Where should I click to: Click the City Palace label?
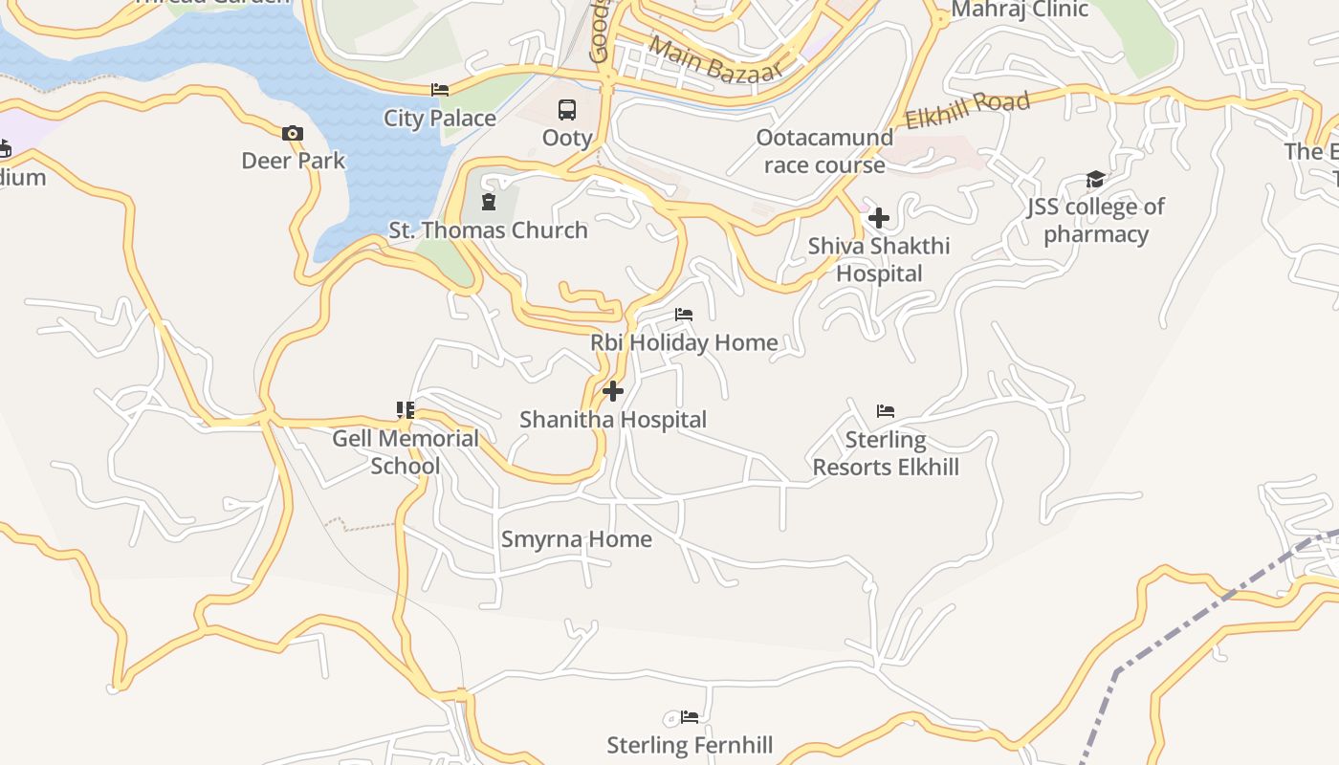click(440, 119)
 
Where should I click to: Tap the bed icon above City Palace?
click(440, 90)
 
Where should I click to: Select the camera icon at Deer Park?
click(293, 134)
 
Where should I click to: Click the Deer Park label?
click(293, 161)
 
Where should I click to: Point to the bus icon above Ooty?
click(567, 110)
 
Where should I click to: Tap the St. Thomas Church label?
click(488, 230)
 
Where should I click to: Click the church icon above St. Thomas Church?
click(489, 202)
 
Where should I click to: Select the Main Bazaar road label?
click(715, 59)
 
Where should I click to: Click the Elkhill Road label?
click(967, 111)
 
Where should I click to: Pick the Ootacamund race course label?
click(824, 151)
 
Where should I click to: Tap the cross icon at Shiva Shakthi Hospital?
click(879, 218)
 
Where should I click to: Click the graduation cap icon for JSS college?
click(1095, 180)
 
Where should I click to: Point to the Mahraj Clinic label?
click(1020, 11)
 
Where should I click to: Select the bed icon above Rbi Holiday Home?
click(684, 314)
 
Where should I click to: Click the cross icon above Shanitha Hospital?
click(613, 391)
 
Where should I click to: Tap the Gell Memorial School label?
click(406, 452)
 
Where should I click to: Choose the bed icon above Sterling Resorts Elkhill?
click(886, 411)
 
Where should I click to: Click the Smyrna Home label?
click(577, 539)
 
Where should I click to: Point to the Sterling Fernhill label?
click(690, 745)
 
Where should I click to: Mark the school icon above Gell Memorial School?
click(406, 410)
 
